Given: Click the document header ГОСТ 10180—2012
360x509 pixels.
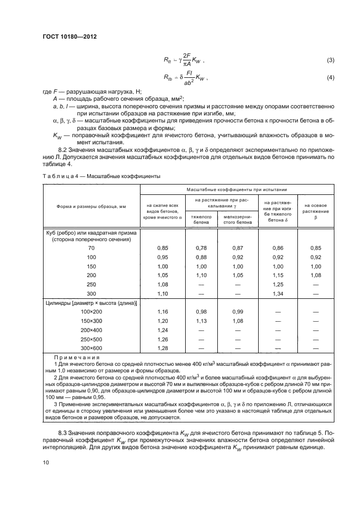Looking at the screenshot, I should point(66,37).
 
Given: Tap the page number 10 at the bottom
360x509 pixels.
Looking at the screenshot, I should point(46,462).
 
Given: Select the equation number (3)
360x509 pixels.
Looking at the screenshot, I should point(330,59).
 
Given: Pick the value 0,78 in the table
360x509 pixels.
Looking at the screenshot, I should point(201,248).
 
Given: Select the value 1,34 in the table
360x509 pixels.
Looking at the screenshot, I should point(278,294).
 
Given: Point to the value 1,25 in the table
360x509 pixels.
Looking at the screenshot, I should point(278,285).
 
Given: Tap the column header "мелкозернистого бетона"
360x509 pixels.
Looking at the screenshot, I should point(237,219).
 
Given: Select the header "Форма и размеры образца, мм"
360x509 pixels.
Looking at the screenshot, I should point(91,206).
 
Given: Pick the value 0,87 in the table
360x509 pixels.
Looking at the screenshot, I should point(237,248).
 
